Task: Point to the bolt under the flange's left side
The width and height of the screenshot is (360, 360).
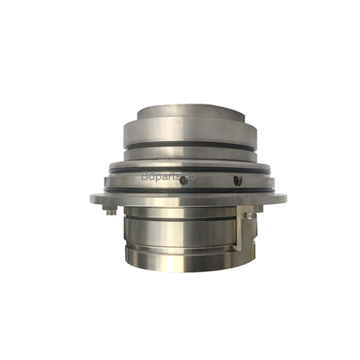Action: (x=109, y=210)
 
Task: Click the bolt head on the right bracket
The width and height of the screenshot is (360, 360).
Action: (x=247, y=211)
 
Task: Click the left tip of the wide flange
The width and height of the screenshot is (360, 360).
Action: (x=91, y=198)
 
